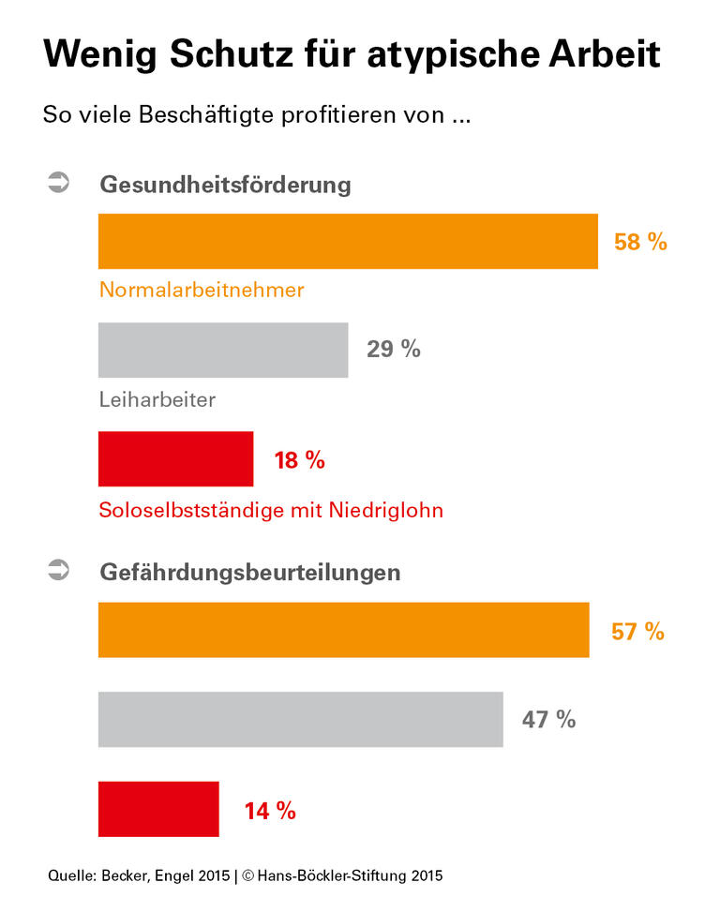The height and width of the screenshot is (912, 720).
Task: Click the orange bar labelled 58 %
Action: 348,242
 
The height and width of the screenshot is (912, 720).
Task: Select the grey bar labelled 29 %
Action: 223,351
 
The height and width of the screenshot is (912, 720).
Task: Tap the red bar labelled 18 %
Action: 175,459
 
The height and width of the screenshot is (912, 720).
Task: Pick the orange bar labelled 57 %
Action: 343,630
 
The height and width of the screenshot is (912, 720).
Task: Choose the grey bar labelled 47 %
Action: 300,719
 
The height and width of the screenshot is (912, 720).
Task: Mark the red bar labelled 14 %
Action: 158,809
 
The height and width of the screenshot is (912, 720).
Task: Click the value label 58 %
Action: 640,242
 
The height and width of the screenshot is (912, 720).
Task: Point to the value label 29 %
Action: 394,351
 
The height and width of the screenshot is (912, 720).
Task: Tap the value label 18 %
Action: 299,460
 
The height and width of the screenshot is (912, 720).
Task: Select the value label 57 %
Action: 637,631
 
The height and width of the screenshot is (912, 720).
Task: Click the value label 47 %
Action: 548,720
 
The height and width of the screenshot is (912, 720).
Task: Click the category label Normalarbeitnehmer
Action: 202,290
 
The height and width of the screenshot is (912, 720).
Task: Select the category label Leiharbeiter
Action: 157,399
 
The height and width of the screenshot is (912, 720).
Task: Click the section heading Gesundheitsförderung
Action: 225,184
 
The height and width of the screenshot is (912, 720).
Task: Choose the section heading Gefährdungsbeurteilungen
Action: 250,572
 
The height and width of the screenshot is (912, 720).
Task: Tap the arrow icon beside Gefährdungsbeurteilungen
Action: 58,569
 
